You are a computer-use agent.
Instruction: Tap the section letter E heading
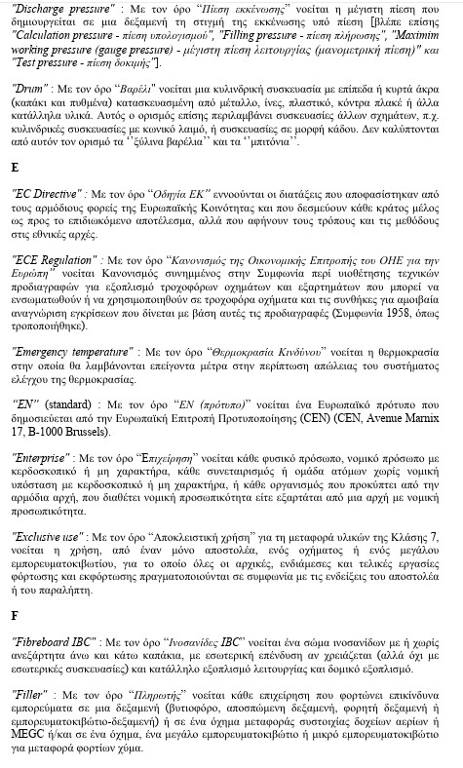click(x=15, y=168)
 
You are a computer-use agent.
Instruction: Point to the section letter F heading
click(x=14, y=616)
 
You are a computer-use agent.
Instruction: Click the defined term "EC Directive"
click(x=46, y=194)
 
